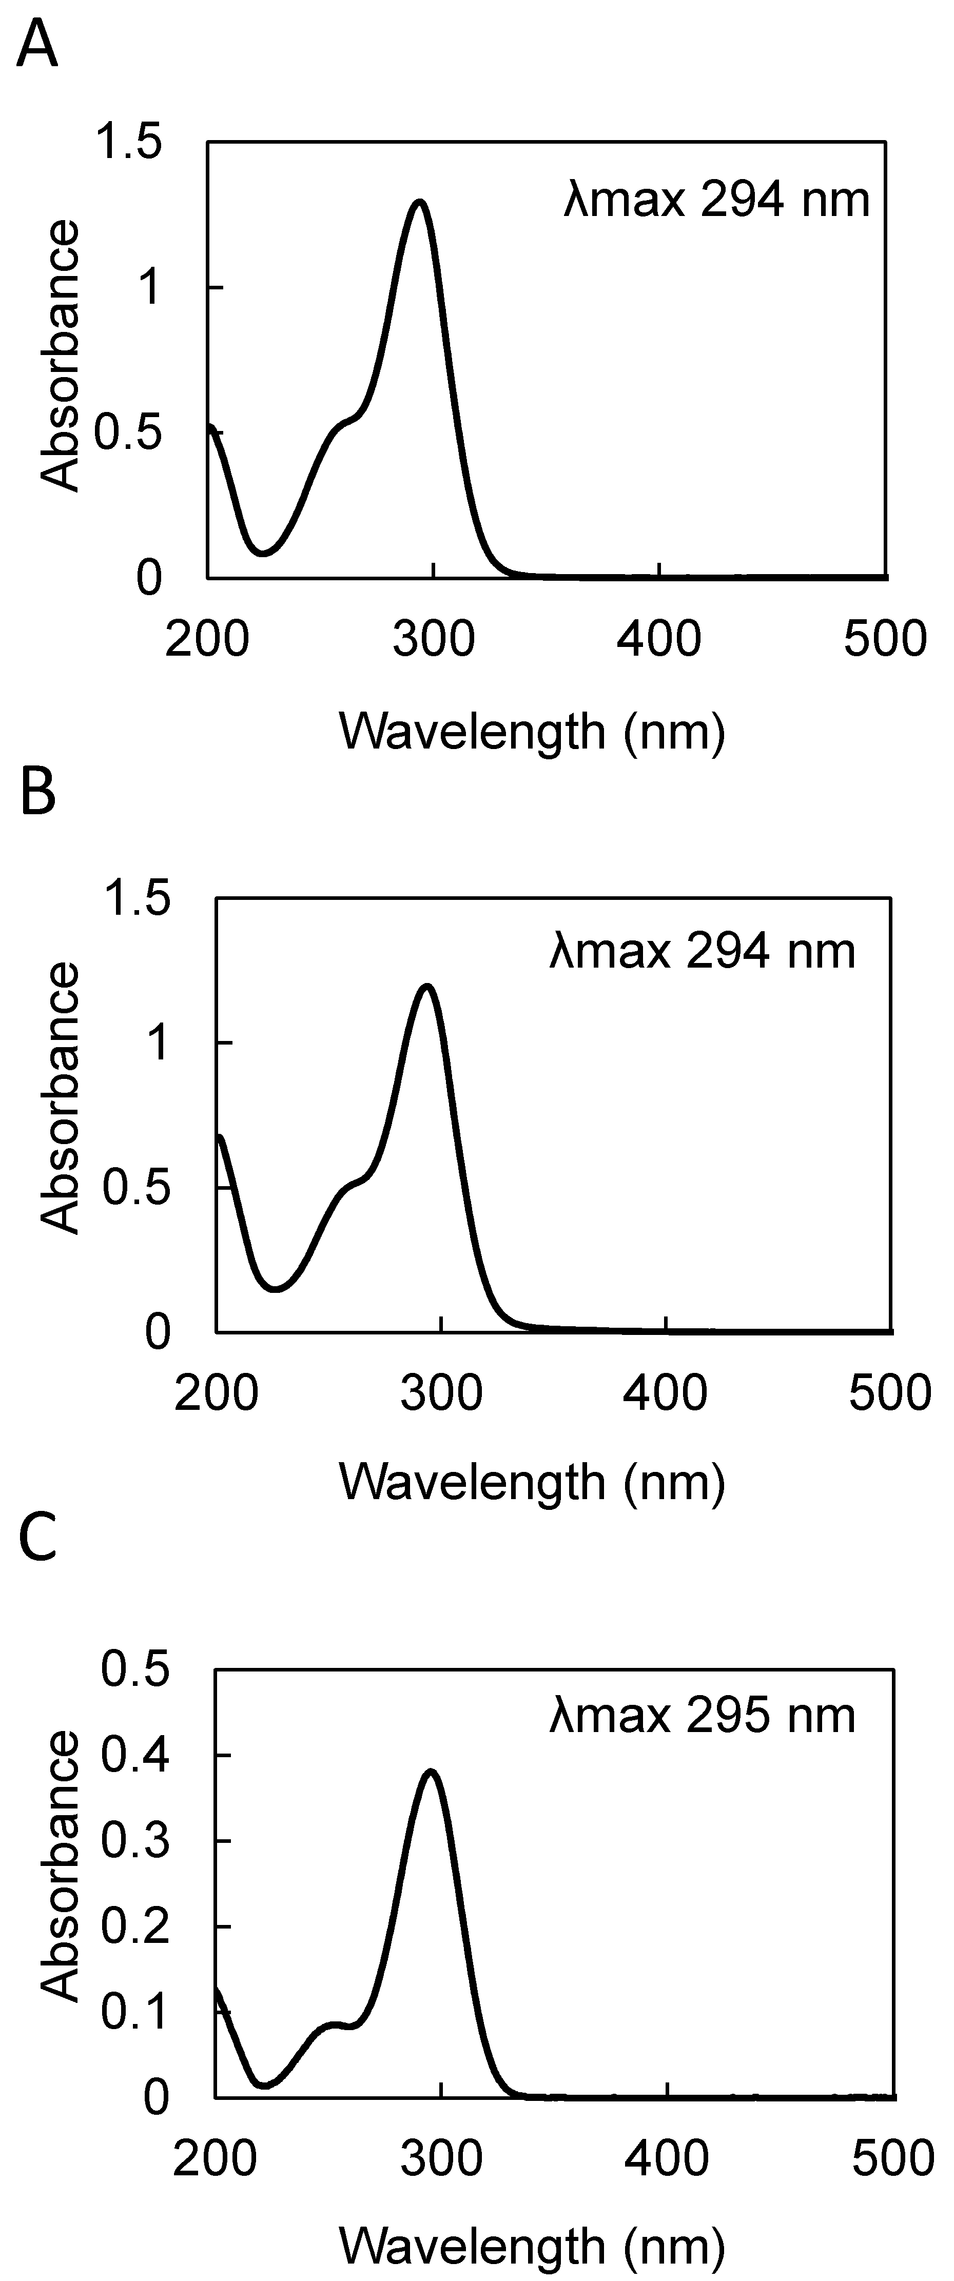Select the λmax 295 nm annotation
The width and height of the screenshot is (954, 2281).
pyautogui.click(x=703, y=1715)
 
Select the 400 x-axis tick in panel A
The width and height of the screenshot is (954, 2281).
pyautogui.click(x=659, y=638)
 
